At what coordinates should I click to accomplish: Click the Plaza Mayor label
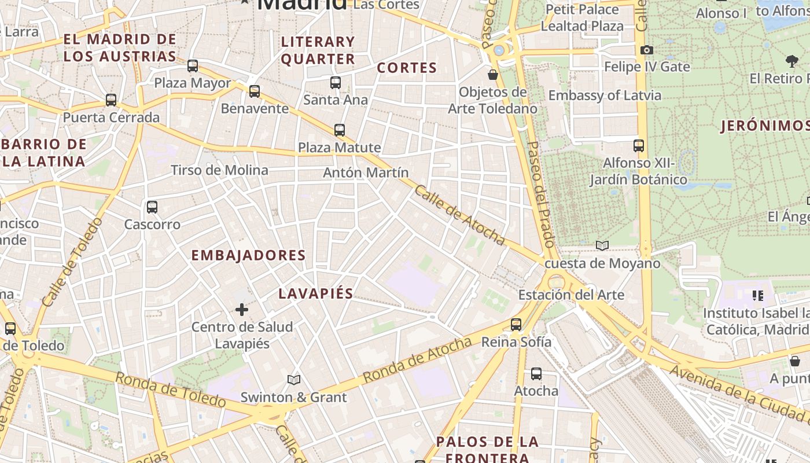pos(192,83)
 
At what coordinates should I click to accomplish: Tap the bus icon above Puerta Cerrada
pos(111,100)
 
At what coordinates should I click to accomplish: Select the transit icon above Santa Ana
pos(336,83)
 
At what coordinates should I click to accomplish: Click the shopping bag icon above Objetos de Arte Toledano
pos(493,75)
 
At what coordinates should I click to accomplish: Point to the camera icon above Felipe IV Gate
pos(647,50)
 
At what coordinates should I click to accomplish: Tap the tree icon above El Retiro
pos(792,60)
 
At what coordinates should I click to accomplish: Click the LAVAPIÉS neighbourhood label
pos(316,293)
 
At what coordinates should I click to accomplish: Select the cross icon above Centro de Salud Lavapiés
pos(242,310)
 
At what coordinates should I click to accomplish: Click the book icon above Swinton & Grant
pos(294,380)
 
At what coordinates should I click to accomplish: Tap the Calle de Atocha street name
pos(460,215)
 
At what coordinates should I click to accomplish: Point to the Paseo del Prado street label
pos(541,194)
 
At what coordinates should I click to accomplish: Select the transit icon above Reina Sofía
pos(516,325)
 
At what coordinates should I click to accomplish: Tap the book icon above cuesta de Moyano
pos(602,246)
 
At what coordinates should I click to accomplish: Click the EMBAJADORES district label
pos(248,255)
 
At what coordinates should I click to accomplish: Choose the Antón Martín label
pos(366,172)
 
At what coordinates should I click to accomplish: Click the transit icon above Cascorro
pos(152,207)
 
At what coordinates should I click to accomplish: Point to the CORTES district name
pos(407,68)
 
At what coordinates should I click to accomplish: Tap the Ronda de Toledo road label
pos(170,390)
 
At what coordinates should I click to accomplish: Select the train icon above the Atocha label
pos(536,374)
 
